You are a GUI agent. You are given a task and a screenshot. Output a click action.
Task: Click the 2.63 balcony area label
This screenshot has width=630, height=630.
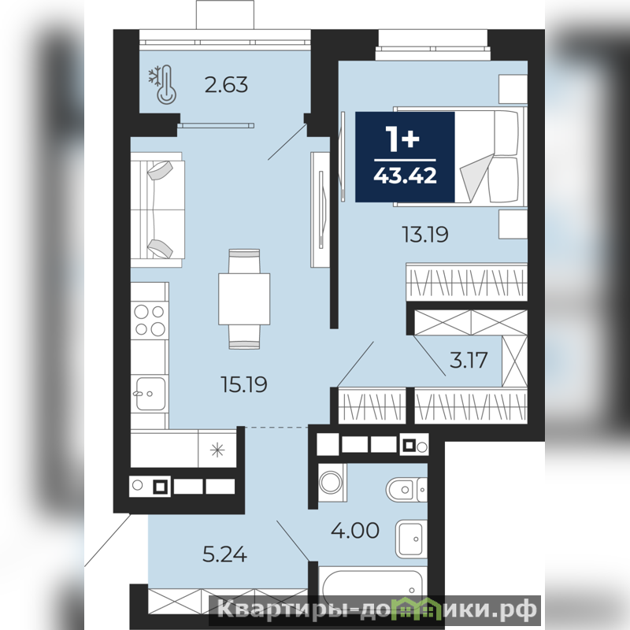(x=226, y=85)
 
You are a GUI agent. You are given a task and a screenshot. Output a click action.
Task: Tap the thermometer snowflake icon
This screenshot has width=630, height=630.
(x=163, y=86)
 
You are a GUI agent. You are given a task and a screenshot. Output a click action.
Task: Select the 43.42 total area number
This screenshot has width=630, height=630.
(x=405, y=176)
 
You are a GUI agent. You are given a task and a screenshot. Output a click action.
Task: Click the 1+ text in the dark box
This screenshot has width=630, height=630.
(x=402, y=139)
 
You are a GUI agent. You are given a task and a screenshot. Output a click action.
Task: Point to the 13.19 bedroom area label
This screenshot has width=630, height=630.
(x=425, y=234)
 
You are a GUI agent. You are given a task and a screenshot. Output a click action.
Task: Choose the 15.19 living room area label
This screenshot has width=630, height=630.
(x=244, y=384)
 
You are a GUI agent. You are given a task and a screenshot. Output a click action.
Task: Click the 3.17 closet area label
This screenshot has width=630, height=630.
(x=469, y=360)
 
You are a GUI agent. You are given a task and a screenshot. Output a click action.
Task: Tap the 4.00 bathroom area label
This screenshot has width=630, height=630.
(x=355, y=530)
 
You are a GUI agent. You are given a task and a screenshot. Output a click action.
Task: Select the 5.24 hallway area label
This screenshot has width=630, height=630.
(x=224, y=555)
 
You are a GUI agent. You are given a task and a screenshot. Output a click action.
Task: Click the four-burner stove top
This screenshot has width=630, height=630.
(x=150, y=320)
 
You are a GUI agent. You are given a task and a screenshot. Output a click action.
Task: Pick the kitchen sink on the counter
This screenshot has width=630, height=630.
(x=150, y=394)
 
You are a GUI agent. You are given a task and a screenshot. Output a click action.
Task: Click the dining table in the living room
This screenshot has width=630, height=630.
(x=244, y=299)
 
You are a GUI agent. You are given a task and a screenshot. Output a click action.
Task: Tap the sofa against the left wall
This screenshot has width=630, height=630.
(x=157, y=209)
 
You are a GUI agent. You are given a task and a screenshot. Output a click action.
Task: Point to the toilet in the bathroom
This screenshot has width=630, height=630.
(x=406, y=490)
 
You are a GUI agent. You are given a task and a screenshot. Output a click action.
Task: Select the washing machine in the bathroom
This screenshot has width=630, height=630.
(x=332, y=483)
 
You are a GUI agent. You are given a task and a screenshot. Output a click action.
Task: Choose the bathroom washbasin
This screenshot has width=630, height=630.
(x=411, y=539)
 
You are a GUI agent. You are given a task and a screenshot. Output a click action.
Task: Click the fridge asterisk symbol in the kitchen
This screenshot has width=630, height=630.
(x=217, y=450)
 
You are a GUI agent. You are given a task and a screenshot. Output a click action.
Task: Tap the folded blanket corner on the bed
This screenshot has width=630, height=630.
(x=476, y=177)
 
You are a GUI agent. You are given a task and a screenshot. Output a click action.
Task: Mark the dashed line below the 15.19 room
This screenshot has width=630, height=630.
(x=277, y=428)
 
